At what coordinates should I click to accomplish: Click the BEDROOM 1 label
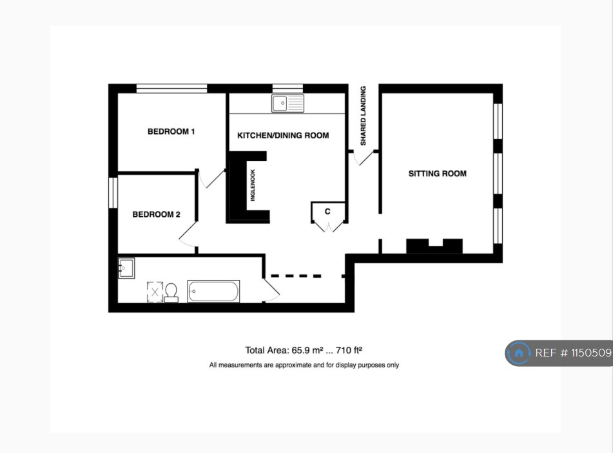(x=171, y=132)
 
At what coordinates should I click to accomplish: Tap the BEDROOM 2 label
(x=156, y=214)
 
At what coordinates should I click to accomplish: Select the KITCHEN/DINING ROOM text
(x=283, y=136)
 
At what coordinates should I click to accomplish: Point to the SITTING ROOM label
(x=437, y=174)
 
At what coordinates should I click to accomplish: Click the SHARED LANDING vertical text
(x=363, y=116)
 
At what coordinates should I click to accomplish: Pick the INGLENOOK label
(x=253, y=185)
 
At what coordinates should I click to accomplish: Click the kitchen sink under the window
(x=287, y=103)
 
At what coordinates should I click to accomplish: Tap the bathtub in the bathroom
(x=213, y=291)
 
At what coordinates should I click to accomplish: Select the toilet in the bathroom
(x=171, y=293)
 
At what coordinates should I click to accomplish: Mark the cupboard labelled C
(x=328, y=212)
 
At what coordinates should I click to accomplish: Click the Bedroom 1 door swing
(x=211, y=178)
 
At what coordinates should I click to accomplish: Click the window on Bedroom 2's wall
(x=113, y=192)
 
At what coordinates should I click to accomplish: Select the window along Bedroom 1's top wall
(x=171, y=88)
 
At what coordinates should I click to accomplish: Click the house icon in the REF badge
(x=518, y=353)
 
